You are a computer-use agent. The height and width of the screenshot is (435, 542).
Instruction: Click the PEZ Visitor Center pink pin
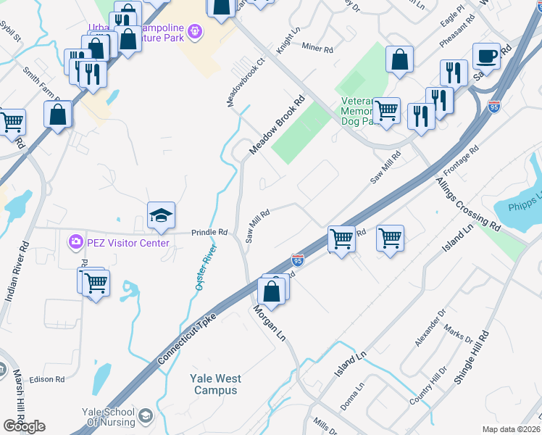click(75, 242)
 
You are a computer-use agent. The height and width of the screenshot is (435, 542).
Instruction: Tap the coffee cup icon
click(486, 56)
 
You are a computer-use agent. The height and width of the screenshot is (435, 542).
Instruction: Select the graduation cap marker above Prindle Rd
click(162, 215)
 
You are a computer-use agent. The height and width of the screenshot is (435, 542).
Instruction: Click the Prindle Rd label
click(209, 233)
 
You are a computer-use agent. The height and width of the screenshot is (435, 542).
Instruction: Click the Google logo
click(25, 426)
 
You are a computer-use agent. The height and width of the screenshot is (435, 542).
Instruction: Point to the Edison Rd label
click(47, 379)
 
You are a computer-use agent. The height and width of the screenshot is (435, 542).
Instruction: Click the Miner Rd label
click(317, 49)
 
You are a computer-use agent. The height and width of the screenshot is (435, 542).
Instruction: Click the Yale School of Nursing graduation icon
click(146, 415)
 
